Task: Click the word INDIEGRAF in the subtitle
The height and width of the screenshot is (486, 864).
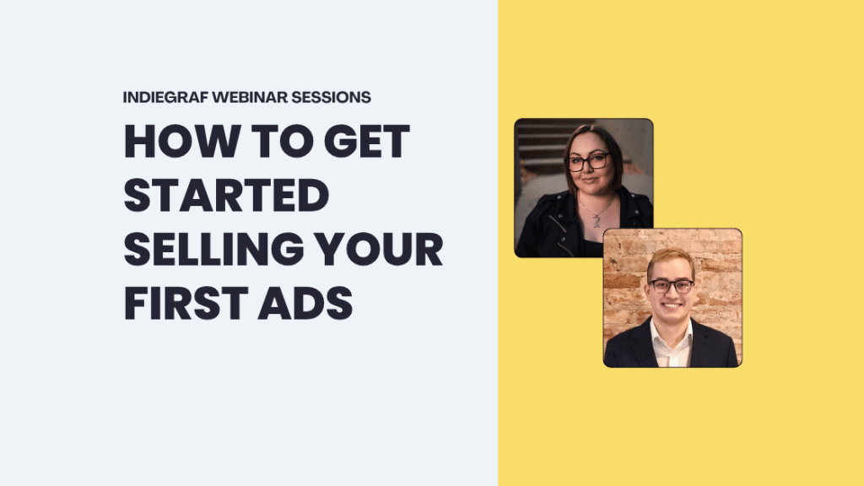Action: pyautogui.click(x=165, y=97)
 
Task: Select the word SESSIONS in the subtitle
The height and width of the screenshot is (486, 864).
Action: pyautogui.click(x=331, y=97)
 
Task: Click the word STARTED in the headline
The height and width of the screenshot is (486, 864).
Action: pyautogui.click(x=226, y=197)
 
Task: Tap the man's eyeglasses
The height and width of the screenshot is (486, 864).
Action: pyautogui.click(x=672, y=285)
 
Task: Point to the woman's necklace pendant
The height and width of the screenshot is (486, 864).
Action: pyautogui.click(x=597, y=222)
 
